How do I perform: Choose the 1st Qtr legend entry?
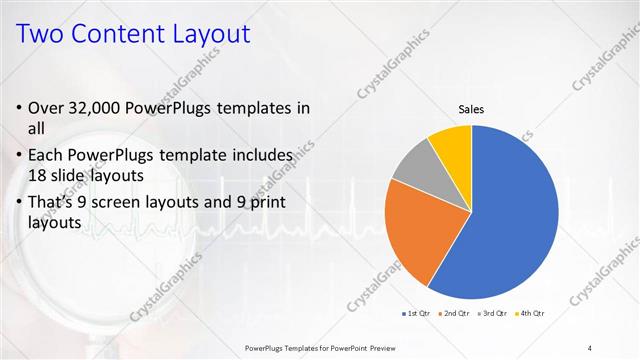click(417, 313)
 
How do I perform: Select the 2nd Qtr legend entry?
click(455, 313)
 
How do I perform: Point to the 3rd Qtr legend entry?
click(493, 313)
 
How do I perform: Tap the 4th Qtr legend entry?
click(530, 313)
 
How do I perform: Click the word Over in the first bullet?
click(48, 108)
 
